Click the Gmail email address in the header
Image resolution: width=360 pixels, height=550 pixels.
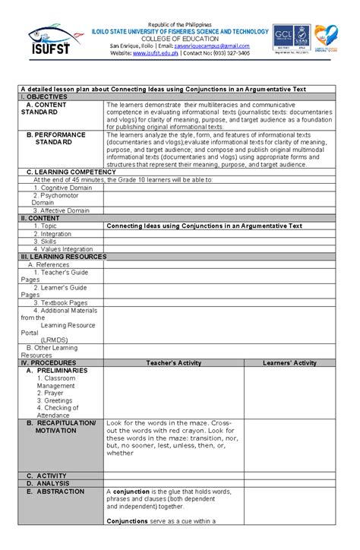pyautogui.click(x=213, y=46)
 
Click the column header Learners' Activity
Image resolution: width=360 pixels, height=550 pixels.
pyautogui.click(x=289, y=363)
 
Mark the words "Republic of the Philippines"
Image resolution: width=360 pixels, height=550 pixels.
pyautogui.click(x=181, y=24)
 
